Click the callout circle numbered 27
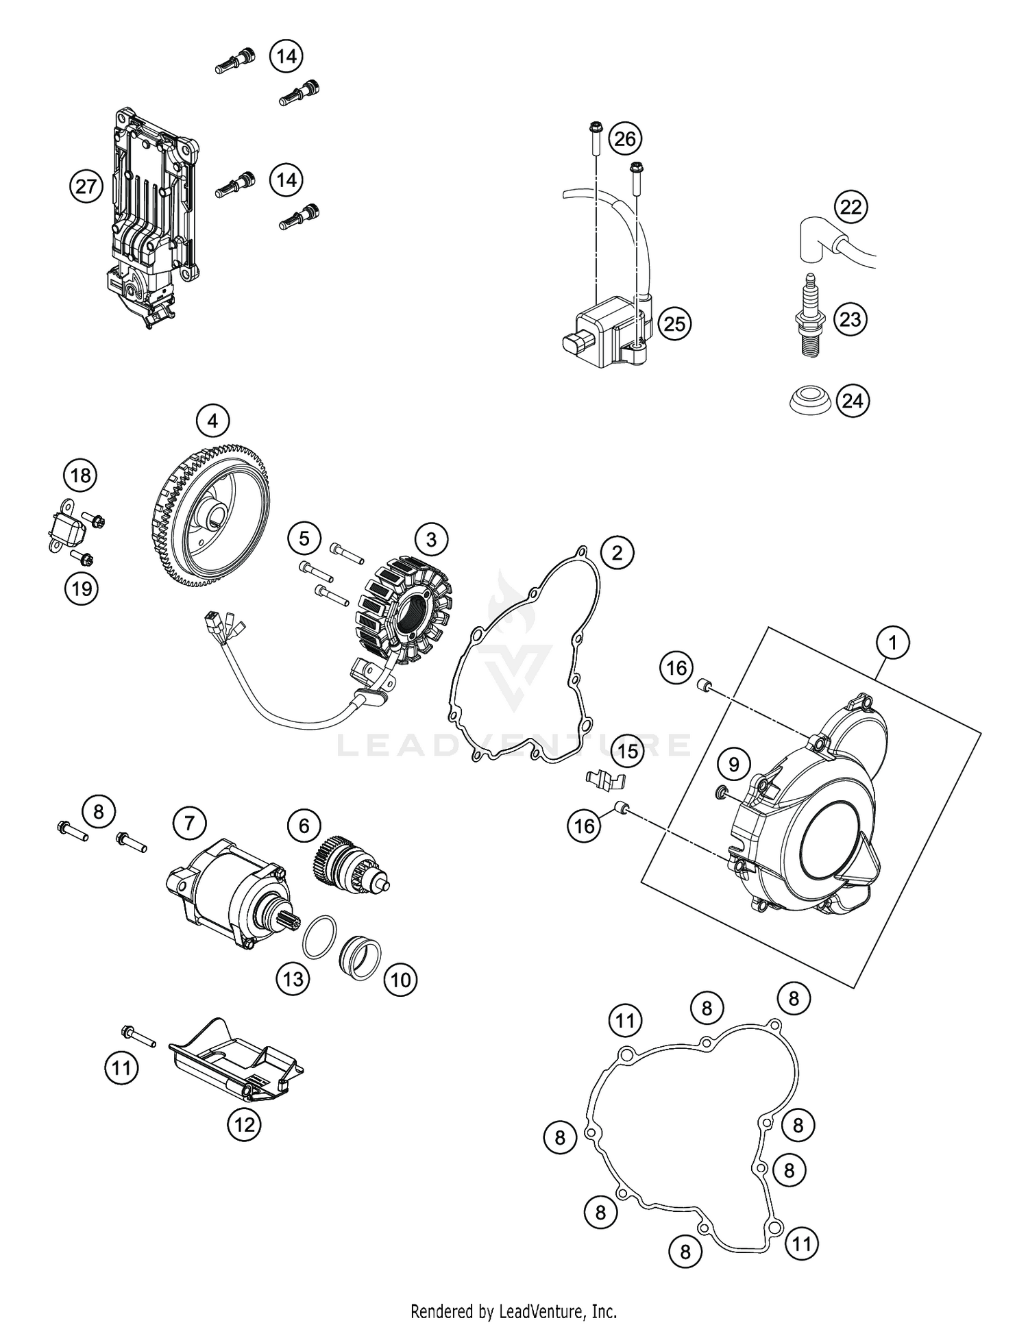click(x=86, y=186)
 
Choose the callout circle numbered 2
click(x=617, y=552)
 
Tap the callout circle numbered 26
click(x=624, y=139)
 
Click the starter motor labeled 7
click(x=226, y=884)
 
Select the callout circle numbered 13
click(x=293, y=979)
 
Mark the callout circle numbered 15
click(x=627, y=752)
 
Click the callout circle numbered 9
click(x=733, y=764)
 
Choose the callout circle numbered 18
click(x=81, y=475)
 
